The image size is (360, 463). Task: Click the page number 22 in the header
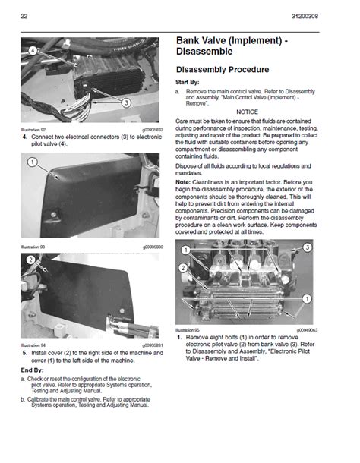click(x=24, y=16)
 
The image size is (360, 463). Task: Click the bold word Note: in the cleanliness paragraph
click(x=183, y=182)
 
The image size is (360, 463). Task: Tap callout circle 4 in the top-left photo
click(x=33, y=49)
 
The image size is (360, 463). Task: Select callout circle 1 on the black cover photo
click(x=32, y=162)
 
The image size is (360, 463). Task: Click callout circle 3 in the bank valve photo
click(x=306, y=248)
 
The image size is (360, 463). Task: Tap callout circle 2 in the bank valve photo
click(x=183, y=267)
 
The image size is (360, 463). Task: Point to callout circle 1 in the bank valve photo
click(x=305, y=300)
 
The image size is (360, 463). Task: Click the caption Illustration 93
click(x=33, y=247)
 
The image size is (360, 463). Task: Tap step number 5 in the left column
click(x=24, y=353)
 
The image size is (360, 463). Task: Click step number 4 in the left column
click(x=24, y=137)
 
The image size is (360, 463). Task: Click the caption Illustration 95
click(x=187, y=331)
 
